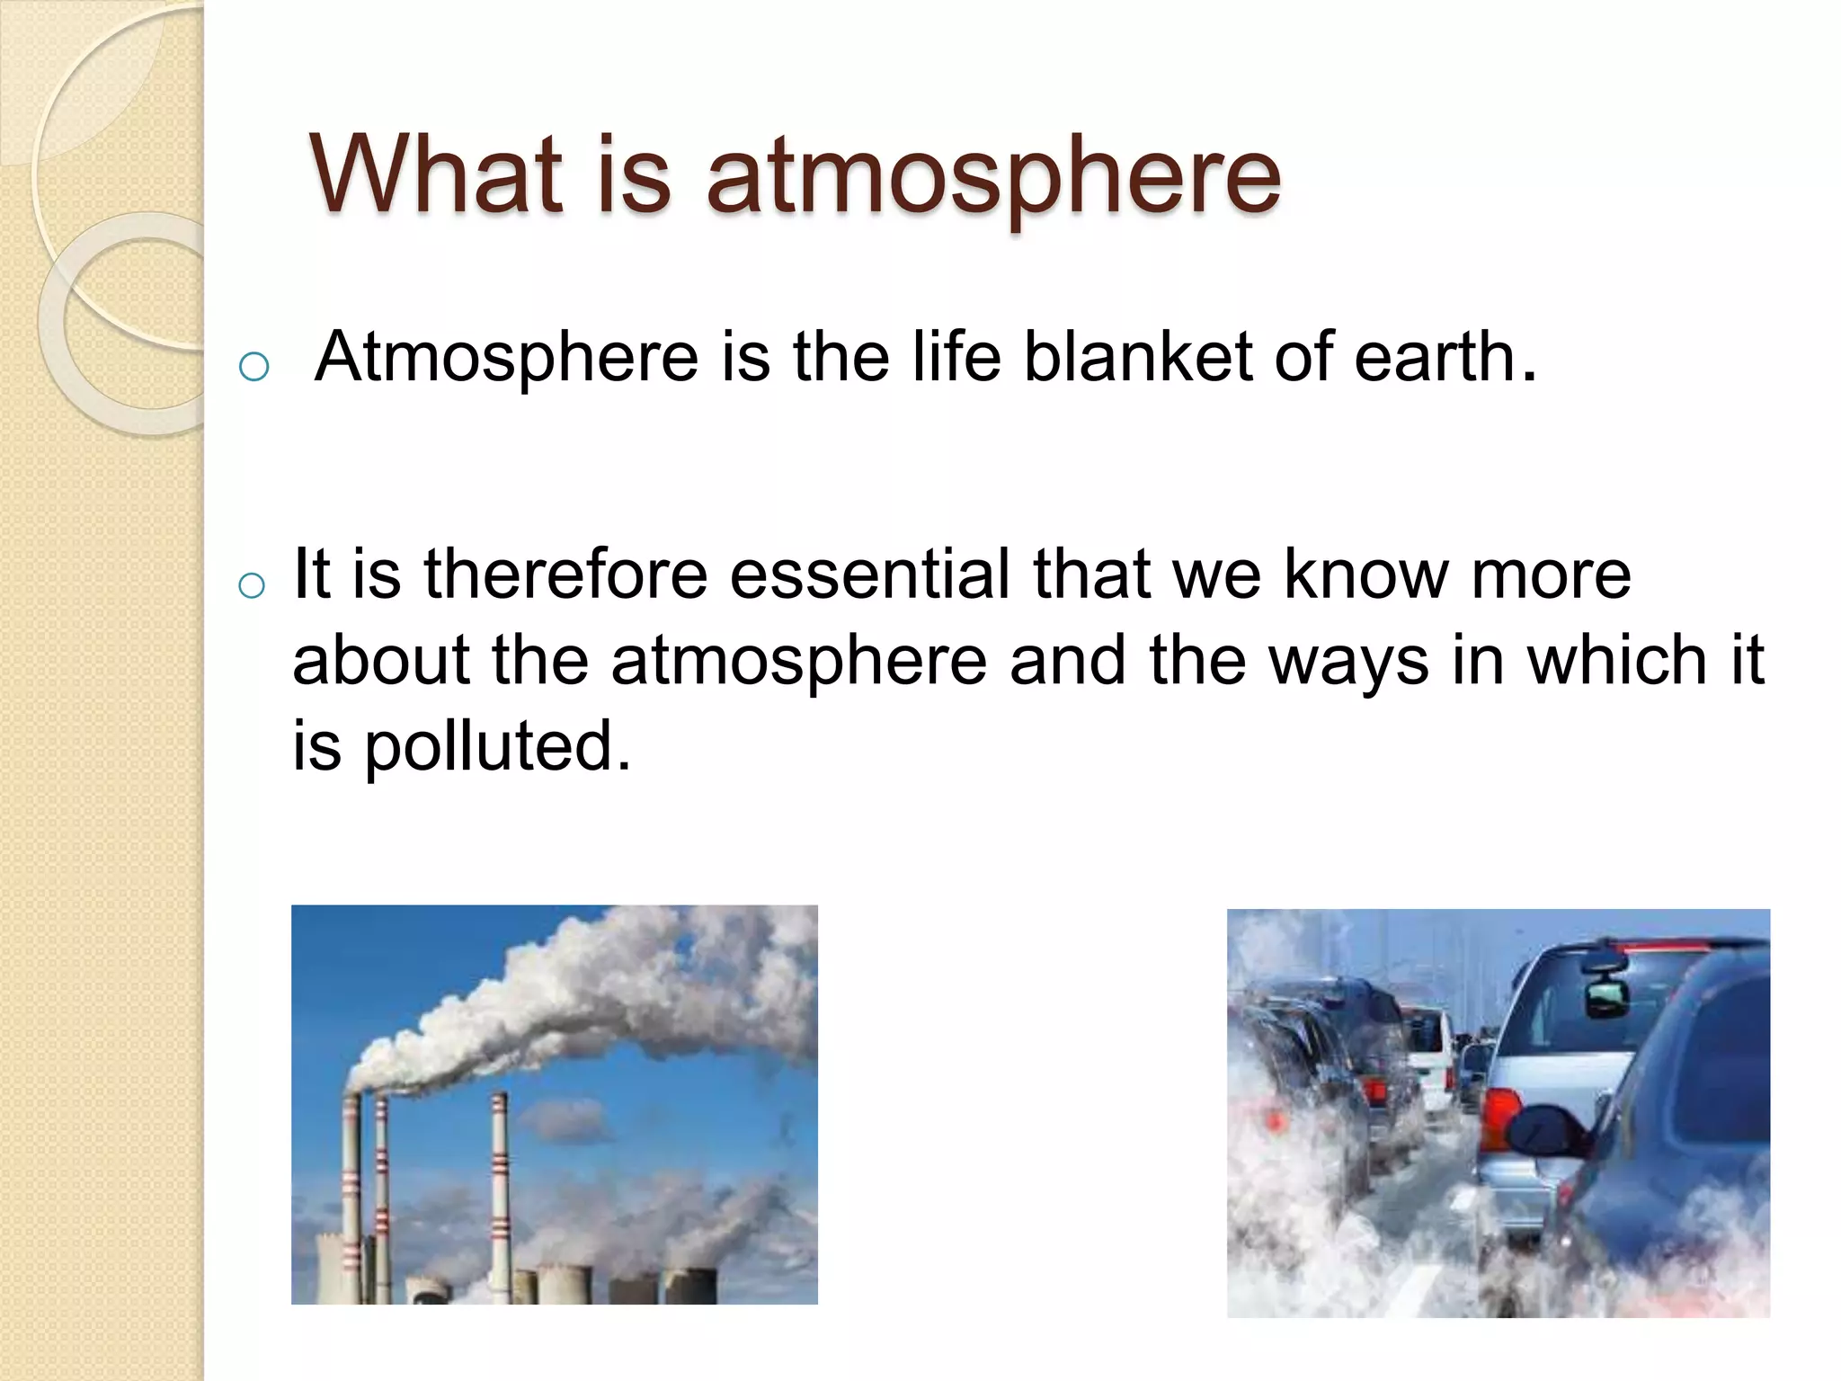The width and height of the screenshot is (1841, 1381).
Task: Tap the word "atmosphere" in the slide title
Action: pos(993,177)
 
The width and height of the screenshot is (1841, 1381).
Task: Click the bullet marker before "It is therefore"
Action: pos(253,585)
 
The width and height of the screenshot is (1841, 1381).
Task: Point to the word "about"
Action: pos(381,660)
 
